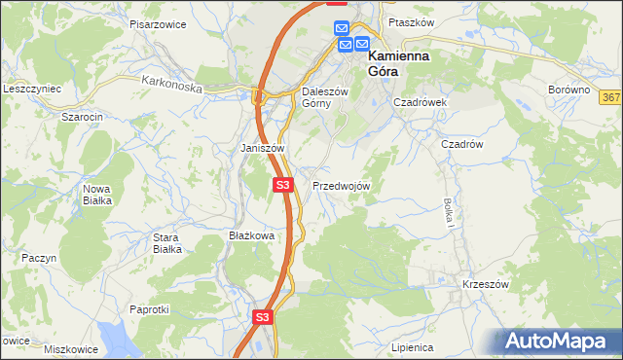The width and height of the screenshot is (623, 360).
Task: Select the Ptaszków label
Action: tap(409, 21)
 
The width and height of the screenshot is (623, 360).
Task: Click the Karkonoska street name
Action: tap(170, 86)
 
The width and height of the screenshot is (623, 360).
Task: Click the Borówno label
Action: tap(569, 90)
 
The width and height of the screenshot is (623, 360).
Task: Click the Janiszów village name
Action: tap(262, 148)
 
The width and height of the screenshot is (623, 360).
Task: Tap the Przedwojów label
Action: tap(341, 185)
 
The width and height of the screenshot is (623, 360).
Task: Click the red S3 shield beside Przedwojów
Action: tap(282, 184)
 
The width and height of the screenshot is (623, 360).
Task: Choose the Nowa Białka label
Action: tap(97, 195)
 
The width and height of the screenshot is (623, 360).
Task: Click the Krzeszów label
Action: tap(486, 284)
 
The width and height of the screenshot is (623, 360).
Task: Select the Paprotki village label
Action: tap(150, 309)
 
